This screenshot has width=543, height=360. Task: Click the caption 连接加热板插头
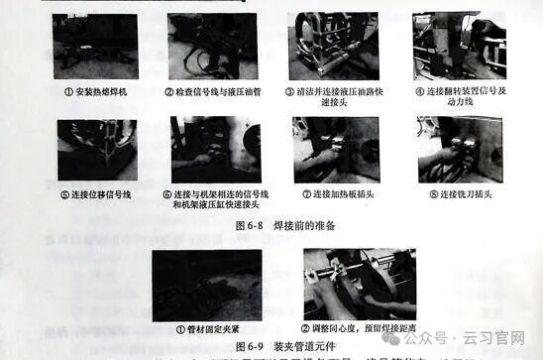click(x=339, y=194)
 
